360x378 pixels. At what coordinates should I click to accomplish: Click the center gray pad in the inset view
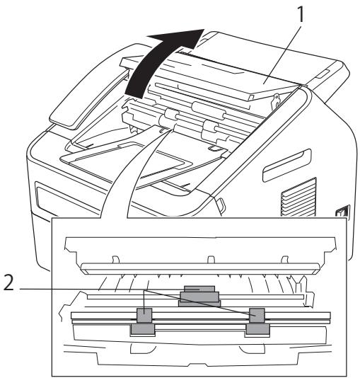tap(197, 292)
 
